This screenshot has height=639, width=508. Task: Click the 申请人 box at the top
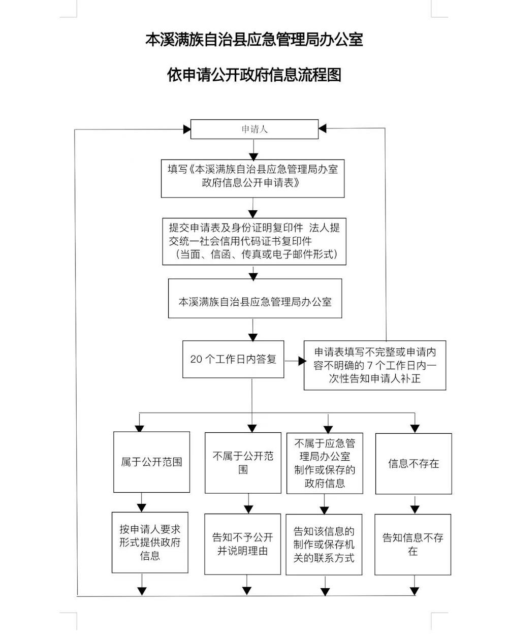[x=255, y=129]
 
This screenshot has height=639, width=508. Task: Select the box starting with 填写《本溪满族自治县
[x=252, y=178]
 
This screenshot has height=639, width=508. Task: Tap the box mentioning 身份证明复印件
[x=254, y=241]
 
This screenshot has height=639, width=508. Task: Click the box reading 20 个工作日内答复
[x=233, y=359]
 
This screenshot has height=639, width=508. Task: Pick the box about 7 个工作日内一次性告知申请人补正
[x=375, y=365]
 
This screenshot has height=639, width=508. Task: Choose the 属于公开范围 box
[x=151, y=462]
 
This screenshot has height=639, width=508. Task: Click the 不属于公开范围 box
[x=243, y=463]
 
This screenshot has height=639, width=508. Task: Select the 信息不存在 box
[x=414, y=464]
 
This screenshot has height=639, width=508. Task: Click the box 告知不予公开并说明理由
[x=243, y=544]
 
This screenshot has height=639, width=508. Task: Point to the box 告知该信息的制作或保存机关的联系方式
[x=324, y=545]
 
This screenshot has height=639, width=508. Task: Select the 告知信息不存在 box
[x=413, y=545]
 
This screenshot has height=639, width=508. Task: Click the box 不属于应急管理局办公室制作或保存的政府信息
[x=325, y=463]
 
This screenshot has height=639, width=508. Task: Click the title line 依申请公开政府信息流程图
[x=254, y=75]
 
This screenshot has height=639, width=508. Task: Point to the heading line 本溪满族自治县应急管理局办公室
[x=254, y=40]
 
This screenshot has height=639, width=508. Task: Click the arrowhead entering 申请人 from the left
[x=187, y=130]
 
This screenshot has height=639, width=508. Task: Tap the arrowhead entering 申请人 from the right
[x=323, y=129]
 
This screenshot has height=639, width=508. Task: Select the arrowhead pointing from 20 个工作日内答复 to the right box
[x=302, y=361]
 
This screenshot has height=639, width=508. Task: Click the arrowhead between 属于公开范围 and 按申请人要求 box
[x=141, y=508]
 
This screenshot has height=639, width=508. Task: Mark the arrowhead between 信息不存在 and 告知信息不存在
[x=415, y=510]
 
